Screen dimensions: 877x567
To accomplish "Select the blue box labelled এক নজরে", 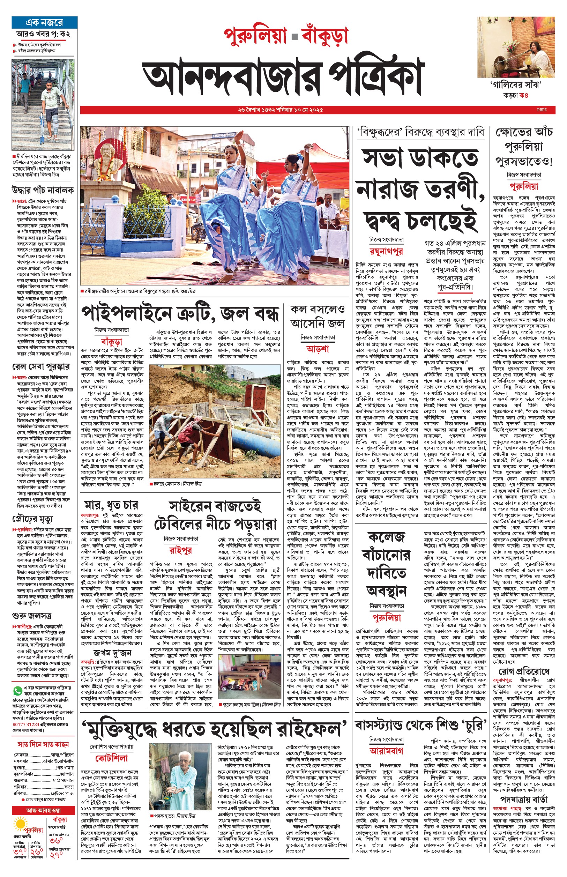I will click(x=44, y=22).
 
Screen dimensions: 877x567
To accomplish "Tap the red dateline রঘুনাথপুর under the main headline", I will click(x=386, y=251).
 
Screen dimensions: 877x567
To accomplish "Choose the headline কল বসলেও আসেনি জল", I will click(x=318, y=316).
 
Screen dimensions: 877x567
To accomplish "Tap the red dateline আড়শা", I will click(x=318, y=348).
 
